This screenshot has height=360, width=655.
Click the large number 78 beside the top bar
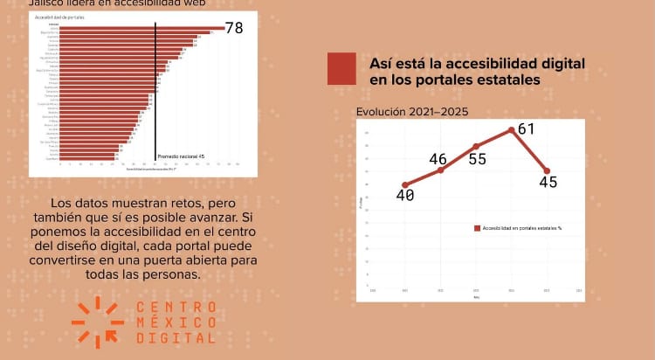pos(234,28)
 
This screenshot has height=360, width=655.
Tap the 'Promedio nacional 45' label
pos(181,156)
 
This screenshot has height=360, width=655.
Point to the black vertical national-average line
pos(155,87)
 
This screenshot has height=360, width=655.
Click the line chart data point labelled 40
pos(405,185)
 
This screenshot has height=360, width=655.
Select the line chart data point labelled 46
pos(441,170)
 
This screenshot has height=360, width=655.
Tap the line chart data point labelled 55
pos(476,146)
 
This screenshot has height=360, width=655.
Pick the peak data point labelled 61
pos(512,130)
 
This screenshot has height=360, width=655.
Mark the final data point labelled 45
pos(547,171)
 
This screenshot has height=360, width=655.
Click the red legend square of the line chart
pos(478,227)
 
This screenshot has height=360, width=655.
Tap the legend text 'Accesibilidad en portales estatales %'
pos(522,227)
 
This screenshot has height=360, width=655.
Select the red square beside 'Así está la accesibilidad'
pos(341,69)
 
